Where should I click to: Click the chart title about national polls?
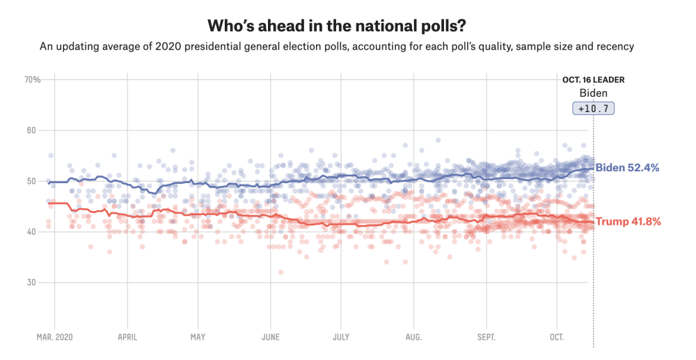[x=337, y=26]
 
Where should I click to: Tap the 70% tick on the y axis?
[x=33, y=80]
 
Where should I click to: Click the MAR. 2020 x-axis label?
[x=55, y=338]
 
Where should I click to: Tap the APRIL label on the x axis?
[x=127, y=338]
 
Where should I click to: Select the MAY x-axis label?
[x=198, y=338]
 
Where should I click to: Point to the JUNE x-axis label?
[x=270, y=338]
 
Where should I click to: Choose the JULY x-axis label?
[x=341, y=338]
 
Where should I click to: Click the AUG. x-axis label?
[x=413, y=338]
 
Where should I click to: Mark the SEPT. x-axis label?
[x=486, y=338]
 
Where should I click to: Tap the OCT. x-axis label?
[x=557, y=338]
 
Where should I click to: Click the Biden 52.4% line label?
[x=628, y=168]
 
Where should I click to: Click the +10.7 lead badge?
[x=593, y=109]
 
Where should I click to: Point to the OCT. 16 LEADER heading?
[x=593, y=79]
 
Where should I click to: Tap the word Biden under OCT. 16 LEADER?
[x=593, y=93]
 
